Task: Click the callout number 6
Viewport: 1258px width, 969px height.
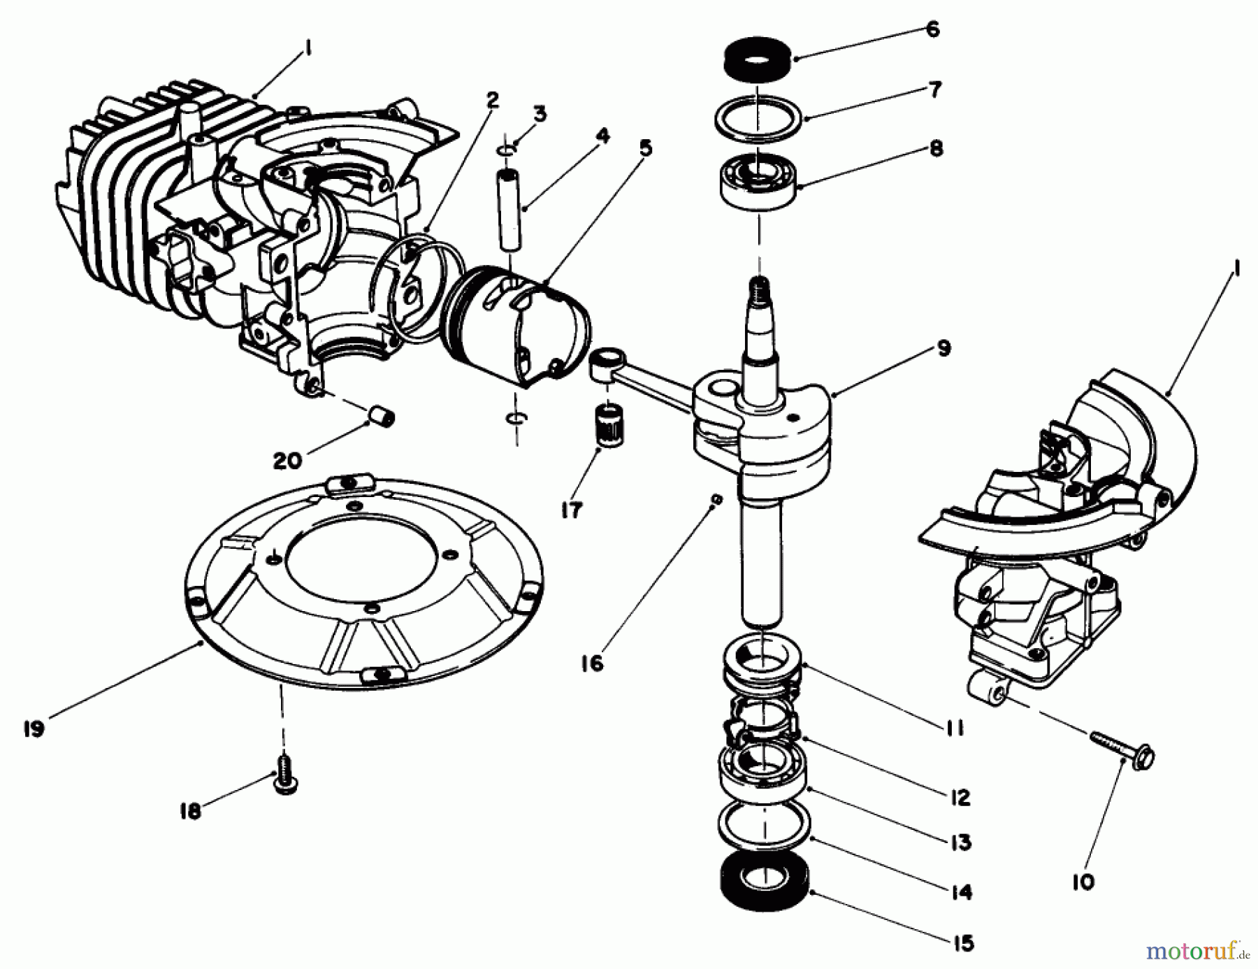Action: [x=933, y=29]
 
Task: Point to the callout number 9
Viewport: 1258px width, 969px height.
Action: [x=943, y=347]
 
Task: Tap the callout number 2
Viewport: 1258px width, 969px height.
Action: [x=493, y=99]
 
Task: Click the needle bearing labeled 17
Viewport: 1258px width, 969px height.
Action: [x=611, y=424]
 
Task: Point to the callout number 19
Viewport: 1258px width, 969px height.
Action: [x=33, y=728]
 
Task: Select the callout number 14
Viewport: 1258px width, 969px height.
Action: [x=962, y=891]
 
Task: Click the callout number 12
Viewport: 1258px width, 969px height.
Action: [x=960, y=797]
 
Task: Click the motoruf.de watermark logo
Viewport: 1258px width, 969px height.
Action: [x=1197, y=951]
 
